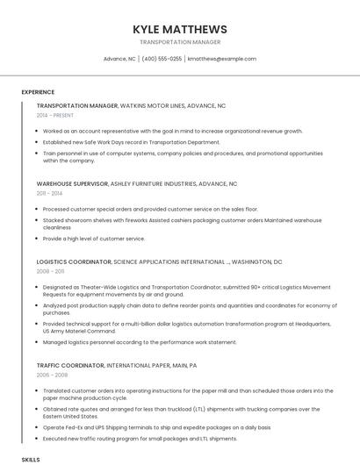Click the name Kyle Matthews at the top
click(x=179, y=29)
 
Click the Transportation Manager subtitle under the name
click(x=179, y=42)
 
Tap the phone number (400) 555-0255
click(x=162, y=59)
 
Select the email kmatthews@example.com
click(x=222, y=59)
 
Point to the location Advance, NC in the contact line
click(x=119, y=59)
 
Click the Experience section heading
click(x=38, y=92)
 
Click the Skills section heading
click(x=31, y=459)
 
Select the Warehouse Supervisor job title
click(x=72, y=184)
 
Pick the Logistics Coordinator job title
click(x=74, y=261)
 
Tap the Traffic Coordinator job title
click(x=70, y=365)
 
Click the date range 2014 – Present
click(x=55, y=115)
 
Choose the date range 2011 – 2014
click(x=49, y=193)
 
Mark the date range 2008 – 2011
click(x=50, y=271)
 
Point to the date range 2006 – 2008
click(x=51, y=375)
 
